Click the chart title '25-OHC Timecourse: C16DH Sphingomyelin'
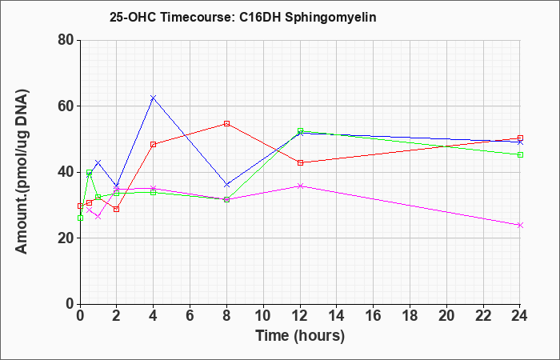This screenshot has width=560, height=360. click(x=243, y=17)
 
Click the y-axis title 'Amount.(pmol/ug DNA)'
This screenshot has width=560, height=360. click(x=22, y=172)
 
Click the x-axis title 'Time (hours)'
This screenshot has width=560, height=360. click(x=300, y=336)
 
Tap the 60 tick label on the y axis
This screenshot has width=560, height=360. click(x=66, y=106)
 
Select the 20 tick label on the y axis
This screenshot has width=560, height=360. click(x=66, y=238)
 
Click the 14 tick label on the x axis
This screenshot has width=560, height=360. click(x=337, y=316)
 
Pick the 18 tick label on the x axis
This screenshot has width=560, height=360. click(x=410, y=316)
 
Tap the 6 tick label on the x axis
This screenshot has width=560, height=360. click(x=190, y=316)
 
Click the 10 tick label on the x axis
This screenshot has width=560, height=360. click(x=263, y=316)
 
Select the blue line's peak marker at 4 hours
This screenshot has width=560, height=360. click(x=154, y=98)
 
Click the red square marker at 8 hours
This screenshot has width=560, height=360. click(x=226, y=123)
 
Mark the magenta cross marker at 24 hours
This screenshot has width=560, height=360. click(x=520, y=225)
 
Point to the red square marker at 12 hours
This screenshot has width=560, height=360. click(x=300, y=162)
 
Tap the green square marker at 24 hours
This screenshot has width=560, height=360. click(x=520, y=154)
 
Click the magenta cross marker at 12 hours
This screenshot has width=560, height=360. click(x=300, y=186)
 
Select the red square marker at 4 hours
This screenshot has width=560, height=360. click(x=154, y=144)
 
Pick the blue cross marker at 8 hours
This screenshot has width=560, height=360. click(x=226, y=185)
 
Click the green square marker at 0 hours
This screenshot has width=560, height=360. click(x=80, y=218)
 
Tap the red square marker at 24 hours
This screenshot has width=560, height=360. click(x=520, y=138)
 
